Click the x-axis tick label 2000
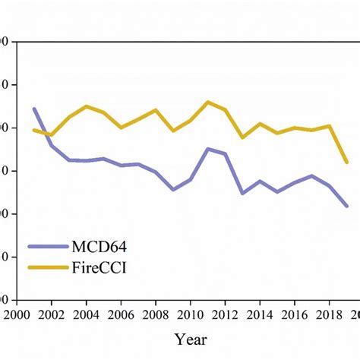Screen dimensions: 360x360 pos(16,314)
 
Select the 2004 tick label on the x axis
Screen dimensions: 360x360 pos(87,314)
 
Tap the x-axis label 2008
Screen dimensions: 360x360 pos(156,314)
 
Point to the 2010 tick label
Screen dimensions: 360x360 pos(190,314)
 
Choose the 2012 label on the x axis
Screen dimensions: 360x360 pos(225,314)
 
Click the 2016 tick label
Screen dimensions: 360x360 pos(294,314)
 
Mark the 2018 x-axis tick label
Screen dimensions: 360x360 pos(329,314)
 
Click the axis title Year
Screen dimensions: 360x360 pos(190,339)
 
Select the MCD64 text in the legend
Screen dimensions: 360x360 pos(99,246)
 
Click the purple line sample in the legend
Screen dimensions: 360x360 pos(47,246)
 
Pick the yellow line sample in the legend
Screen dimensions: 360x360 pos(47,267)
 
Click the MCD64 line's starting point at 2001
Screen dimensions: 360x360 pos(34,109)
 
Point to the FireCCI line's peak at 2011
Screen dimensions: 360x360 pos(208,102)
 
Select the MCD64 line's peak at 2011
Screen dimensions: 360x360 pos(208,149)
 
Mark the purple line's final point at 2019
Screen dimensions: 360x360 pos(346,206)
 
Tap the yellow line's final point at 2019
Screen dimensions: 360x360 pos(346,162)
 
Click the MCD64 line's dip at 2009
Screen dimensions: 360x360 pos(173,189)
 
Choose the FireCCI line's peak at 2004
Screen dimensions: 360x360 pos(87,106)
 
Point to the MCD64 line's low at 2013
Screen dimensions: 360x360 pos(242,193)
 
